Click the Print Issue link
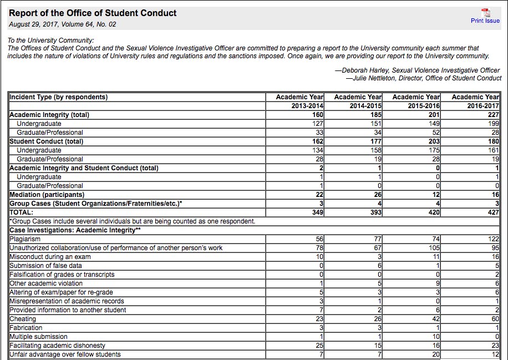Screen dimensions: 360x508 pos(485,21)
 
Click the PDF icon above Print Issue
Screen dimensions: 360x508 pos(485,12)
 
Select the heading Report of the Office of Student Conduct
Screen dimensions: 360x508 pos(93,13)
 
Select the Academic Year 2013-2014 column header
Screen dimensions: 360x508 pos(299,102)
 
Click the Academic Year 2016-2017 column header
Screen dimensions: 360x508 pos(475,102)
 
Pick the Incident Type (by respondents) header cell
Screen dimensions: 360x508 pos(58,97)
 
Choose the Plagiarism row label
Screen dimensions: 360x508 pos(25,239)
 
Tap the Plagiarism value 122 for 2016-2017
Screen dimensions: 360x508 pos(493,239)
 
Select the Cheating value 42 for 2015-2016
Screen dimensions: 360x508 pos(435,319)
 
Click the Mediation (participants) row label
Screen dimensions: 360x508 pos(47,195)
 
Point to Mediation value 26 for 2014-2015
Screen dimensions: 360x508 pos(377,195)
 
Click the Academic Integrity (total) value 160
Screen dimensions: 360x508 pos(317,115)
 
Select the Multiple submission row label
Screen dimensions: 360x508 pos(38,337)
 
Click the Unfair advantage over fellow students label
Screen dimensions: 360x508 pos(65,354)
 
